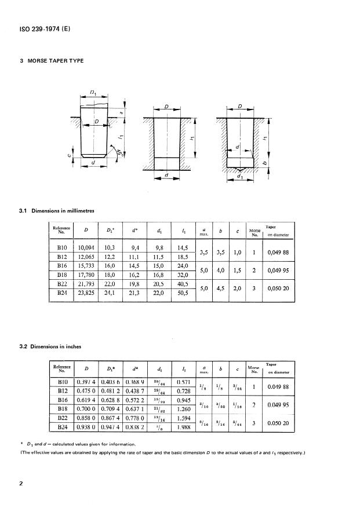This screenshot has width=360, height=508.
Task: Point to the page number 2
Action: point(21,482)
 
